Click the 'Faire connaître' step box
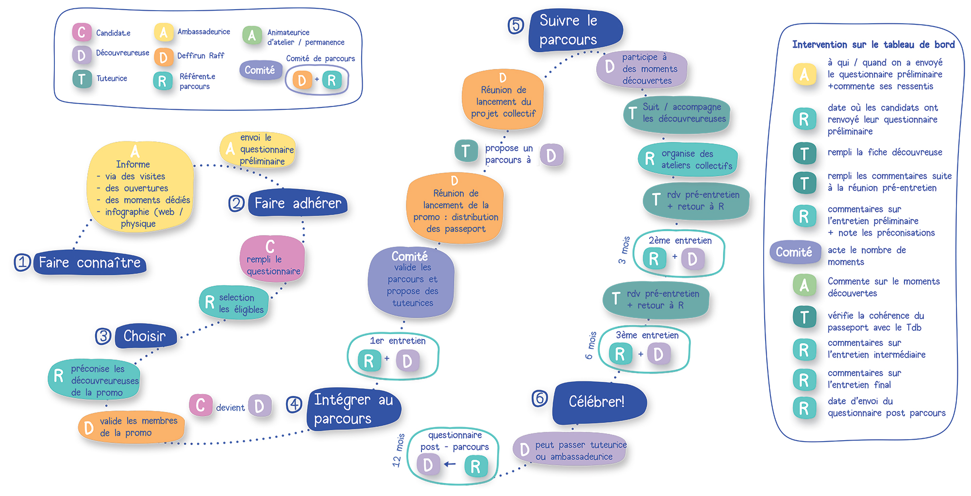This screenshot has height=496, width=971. coord(90,263)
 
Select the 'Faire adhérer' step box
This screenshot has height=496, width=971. coord(298,203)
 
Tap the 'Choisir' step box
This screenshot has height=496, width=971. coord(145,336)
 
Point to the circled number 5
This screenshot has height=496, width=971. coord(516,25)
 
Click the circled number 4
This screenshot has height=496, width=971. coord(294,404)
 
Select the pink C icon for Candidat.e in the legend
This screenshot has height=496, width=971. coord(81,33)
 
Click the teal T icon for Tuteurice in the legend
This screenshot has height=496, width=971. coord(82,79)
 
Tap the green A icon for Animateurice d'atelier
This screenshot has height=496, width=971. coord(251,35)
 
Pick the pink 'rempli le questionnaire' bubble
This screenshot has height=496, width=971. coord(272,259)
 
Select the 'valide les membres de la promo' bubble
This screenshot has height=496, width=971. coord(131,427)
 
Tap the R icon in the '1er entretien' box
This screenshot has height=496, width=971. coord(369,361)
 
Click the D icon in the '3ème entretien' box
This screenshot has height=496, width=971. coord(658,354)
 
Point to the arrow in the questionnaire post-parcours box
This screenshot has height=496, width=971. coord(450,464)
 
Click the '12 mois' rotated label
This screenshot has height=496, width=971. coord(399,450)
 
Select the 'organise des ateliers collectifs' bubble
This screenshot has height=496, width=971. coord(687,159)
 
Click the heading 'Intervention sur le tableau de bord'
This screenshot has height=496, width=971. coord(873,45)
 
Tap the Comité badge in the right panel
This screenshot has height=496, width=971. coord(794,252)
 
